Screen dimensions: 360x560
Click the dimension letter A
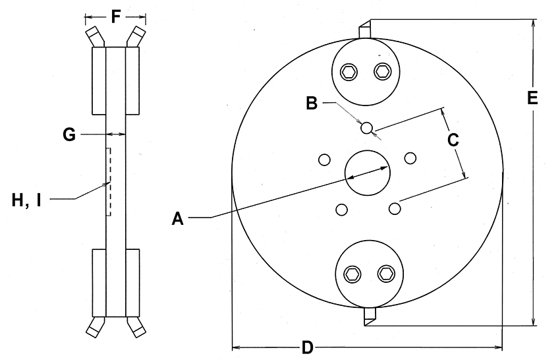tap(177, 218)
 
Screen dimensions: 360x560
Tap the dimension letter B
tap(312, 103)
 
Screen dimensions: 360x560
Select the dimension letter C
tap(454, 140)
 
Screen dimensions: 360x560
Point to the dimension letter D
tap(306, 347)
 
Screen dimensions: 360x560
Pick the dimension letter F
tap(116, 16)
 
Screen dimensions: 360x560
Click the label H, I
tap(26, 198)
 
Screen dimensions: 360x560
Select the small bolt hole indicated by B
tap(367, 127)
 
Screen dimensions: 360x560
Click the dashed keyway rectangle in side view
tap(109, 182)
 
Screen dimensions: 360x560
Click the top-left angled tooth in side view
tap(95, 37)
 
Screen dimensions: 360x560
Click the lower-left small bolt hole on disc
tap(341, 210)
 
